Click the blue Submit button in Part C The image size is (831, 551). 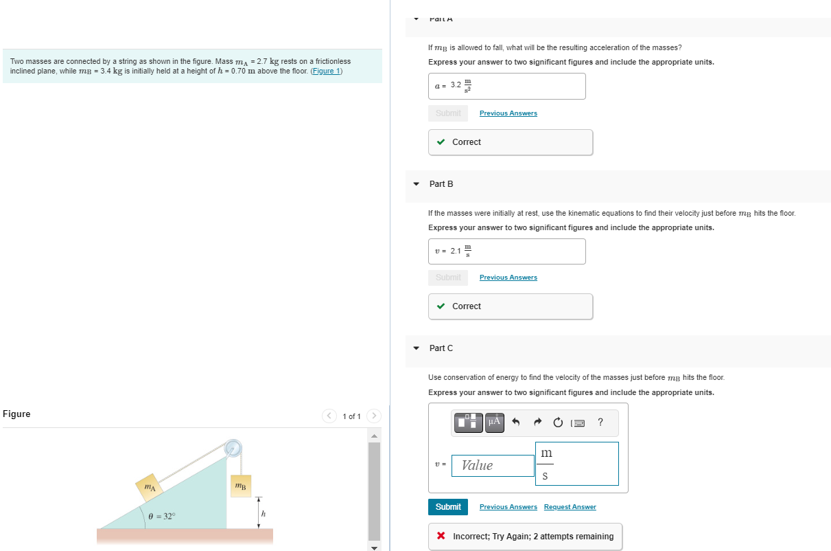point(448,507)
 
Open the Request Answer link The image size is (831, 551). point(570,507)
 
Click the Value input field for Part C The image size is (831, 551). point(493,466)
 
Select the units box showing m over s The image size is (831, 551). point(576,464)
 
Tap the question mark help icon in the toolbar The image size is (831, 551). point(600,422)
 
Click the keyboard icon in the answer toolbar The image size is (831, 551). point(578,423)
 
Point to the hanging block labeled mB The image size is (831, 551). point(239,486)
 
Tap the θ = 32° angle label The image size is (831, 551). point(162,515)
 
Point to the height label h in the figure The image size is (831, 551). point(262,514)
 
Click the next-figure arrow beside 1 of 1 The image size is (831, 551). point(374,416)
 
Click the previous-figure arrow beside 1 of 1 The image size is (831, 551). point(330,416)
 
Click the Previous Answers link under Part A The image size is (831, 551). point(508,113)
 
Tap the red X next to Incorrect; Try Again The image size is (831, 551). point(441,536)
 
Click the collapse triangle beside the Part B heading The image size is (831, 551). point(416,184)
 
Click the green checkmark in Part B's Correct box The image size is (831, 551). point(441,306)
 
